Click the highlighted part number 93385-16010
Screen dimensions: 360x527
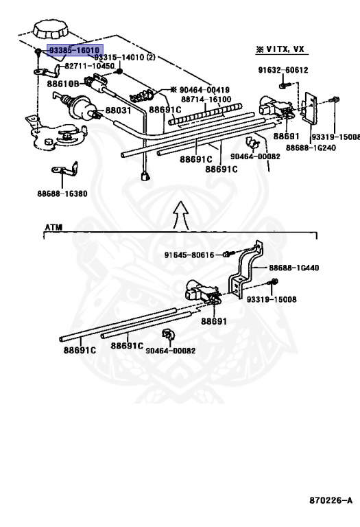(74, 50)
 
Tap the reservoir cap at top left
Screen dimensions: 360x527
(50, 30)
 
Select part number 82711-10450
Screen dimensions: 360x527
(89, 66)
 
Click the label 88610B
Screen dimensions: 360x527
(63, 84)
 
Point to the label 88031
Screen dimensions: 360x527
(118, 110)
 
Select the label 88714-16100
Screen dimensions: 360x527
(206, 99)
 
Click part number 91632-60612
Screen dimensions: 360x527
(283, 70)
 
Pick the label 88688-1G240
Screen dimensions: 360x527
(311, 148)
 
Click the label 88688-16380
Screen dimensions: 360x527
(62, 194)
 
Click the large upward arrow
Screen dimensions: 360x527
(181, 215)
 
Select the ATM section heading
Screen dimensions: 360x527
(53, 228)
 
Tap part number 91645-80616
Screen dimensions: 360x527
(189, 255)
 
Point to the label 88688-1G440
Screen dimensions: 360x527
(294, 268)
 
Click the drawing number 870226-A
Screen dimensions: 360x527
(331, 500)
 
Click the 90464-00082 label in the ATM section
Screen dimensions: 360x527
(171, 351)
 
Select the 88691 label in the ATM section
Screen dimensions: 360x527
(214, 321)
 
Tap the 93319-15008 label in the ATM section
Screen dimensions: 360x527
(272, 299)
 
